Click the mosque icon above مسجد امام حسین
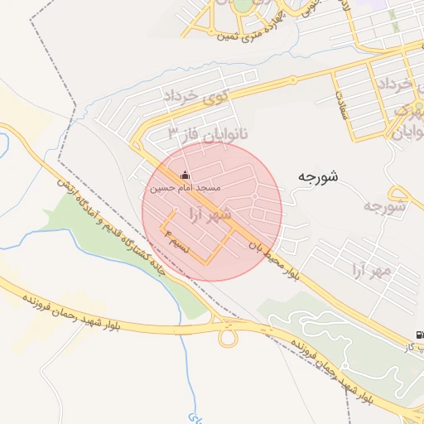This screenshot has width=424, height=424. (x=184, y=176)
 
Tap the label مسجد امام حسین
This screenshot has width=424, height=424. (x=185, y=189)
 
